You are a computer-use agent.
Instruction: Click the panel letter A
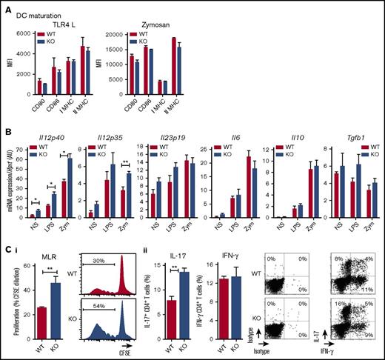pyautogui.click(x=6, y=6)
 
